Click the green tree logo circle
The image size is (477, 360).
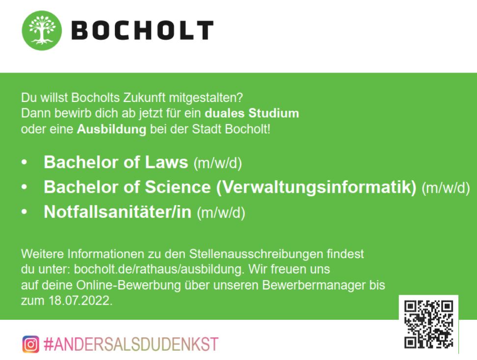point(42,30)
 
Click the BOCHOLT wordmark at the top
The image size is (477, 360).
point(142,30)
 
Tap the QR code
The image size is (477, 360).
point(428,324)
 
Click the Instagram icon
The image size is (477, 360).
point(31,344)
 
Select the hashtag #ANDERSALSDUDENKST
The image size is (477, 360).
point(131,344)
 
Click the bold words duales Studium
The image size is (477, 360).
point(252,113)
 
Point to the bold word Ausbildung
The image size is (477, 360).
point(112,129)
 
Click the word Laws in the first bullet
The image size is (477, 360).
point(166,162)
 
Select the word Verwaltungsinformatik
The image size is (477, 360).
point(316,187)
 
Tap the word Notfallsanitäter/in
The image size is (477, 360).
point(118,211)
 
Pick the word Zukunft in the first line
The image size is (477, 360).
point(144,98)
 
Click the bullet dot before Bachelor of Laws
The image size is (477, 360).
point(25,162)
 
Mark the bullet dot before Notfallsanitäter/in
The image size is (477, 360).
point(25,212)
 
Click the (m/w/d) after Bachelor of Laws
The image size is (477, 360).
point(218,163)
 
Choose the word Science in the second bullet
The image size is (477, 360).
point(178,187)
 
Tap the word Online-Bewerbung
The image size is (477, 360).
point(129,285)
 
